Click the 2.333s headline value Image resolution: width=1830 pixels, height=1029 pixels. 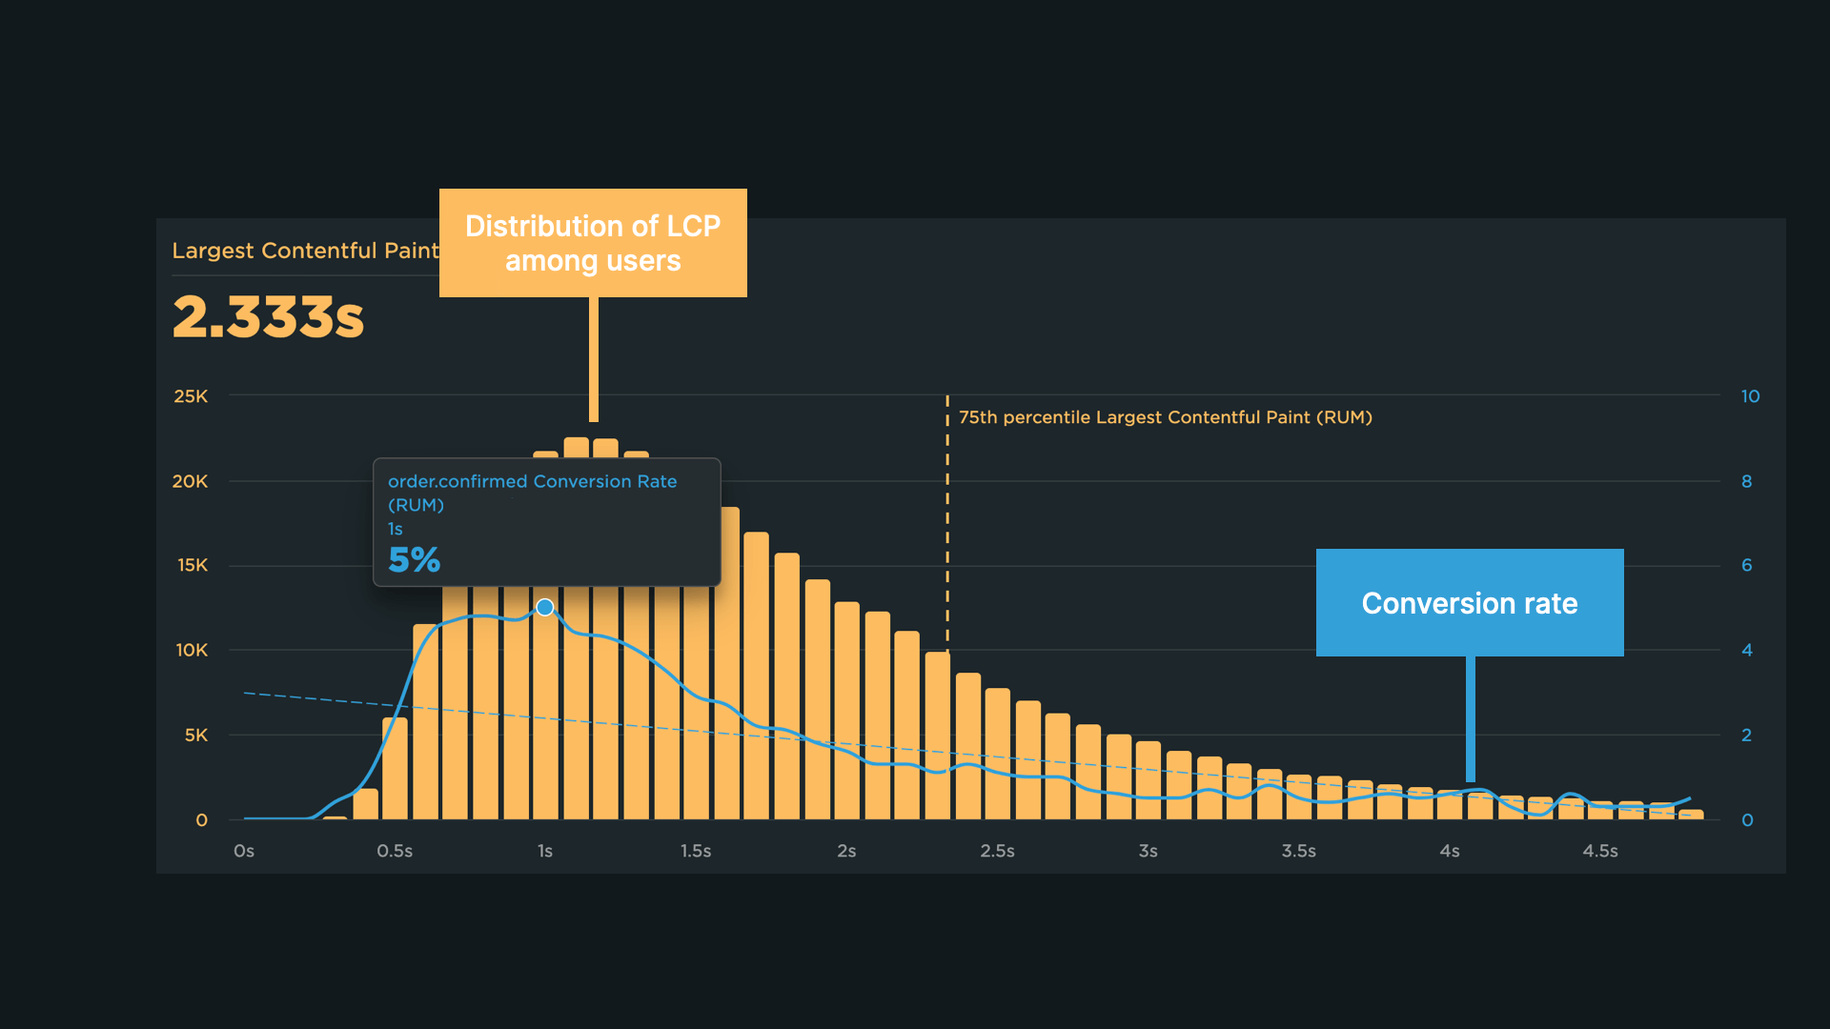(268, 317)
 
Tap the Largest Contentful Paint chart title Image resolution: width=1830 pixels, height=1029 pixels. (304, 251)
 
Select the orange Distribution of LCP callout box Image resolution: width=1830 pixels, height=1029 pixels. (593, 243)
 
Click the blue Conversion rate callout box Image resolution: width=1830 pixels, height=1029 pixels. (1469, 602)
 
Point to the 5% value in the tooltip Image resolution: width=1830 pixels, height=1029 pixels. (414, 560)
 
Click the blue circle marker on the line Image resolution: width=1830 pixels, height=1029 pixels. (545, 607)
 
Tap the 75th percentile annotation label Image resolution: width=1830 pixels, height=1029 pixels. (1165, 417)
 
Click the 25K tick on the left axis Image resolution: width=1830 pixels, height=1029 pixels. (191, 396)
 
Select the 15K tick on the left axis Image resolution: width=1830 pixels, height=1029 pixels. (193, 566)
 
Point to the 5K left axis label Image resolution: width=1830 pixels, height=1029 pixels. (195, 736)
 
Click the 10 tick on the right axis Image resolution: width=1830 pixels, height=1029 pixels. (1750, 396)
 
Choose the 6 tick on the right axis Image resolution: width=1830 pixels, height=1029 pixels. (1746, 566)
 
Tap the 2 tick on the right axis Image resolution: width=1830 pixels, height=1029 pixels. (1746, 736)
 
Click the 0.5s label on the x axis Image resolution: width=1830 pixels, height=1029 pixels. (395, 851)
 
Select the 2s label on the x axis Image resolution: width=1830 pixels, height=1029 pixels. (846, 851)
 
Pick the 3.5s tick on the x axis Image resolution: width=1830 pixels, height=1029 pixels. (1298, 851)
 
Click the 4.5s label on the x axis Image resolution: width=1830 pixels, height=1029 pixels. (1600, 851)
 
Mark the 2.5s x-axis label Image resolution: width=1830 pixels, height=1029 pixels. (997, 851)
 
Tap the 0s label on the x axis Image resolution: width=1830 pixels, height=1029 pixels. (244, 851)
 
